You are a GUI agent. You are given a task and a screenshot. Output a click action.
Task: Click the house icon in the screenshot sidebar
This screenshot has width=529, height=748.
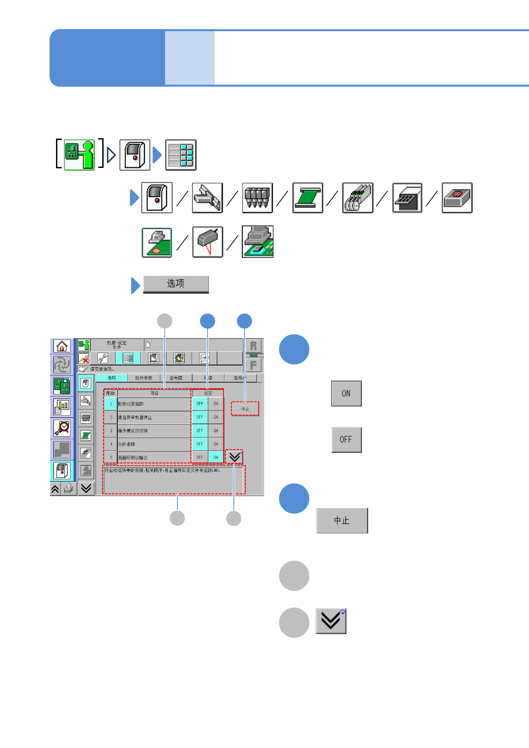click(62, 346)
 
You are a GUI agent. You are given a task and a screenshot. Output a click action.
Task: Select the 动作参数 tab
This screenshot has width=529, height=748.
click(144, 378)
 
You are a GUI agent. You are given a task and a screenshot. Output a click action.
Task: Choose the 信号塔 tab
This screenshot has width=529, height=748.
click(176, 378)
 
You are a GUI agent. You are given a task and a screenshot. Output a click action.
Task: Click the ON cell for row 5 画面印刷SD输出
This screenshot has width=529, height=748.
click(216, 457)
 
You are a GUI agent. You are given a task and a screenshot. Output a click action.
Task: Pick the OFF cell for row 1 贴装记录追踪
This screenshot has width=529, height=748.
click(200, 404)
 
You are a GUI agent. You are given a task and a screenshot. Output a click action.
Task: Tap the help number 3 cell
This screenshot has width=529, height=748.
click(111, 430)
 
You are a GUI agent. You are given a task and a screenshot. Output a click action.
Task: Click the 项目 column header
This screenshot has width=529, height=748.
click(154, 393)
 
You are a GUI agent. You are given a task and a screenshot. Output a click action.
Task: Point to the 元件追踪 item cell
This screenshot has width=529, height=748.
click(154, 444)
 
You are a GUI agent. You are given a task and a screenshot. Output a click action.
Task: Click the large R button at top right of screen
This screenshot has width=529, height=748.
click(253, 346)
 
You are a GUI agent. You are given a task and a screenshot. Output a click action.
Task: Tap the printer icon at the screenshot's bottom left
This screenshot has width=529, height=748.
click(68, 489)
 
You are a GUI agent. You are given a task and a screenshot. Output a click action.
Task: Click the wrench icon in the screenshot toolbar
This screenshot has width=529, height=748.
click(103, 358)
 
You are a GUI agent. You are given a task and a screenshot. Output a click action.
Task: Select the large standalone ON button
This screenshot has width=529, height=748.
click(346, 393)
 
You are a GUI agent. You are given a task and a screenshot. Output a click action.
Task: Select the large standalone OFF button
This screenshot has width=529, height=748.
click(346, 440)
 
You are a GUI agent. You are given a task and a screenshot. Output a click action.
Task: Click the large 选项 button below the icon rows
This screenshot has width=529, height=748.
click(176, 284)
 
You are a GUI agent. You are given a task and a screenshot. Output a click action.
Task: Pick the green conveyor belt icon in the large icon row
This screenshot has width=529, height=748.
click(307, 198)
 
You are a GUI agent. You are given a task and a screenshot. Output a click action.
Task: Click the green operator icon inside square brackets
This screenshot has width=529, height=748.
click(80, 155)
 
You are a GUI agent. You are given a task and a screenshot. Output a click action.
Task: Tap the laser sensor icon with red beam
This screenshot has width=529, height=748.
click(207, 242)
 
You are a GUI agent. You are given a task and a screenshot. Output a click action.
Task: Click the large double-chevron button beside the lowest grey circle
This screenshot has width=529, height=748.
click(331, 621)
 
